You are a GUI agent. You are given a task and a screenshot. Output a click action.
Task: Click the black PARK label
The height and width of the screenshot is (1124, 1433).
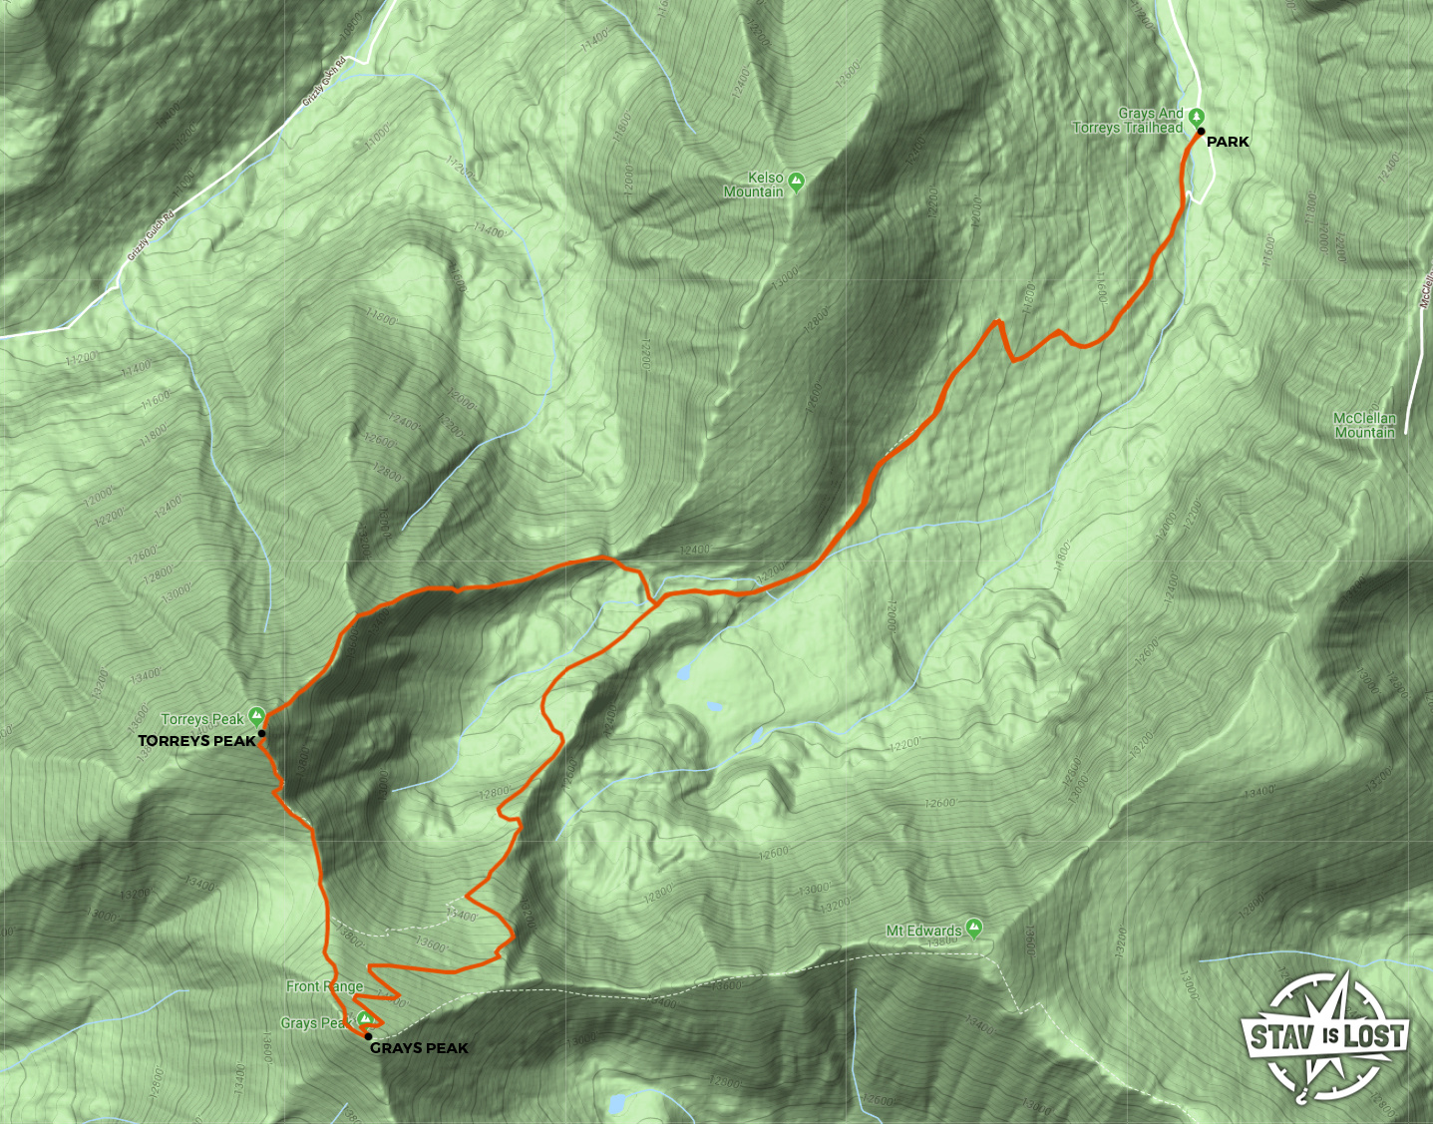click(x=1228, y=143)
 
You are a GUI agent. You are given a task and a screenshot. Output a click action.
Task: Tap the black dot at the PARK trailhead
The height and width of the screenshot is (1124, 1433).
click(x=1201, y=132)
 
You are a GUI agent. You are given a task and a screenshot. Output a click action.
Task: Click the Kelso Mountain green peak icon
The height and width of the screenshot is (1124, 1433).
click(x=796, y=182)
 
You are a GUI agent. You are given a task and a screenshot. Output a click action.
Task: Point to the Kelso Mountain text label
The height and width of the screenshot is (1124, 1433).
click(x=754, y=185)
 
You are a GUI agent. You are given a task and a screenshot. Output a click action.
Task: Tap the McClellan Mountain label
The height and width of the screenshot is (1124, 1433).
click(x=1365, y=426)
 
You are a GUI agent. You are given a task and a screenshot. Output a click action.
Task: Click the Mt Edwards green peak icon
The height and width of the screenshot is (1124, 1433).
click(x=974, y=928)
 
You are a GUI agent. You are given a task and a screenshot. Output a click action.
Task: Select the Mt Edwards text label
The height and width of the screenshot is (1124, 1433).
click(x=923, y=932)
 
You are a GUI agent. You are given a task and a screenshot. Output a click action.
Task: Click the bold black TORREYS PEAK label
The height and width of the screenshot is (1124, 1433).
click(x=196, y=741)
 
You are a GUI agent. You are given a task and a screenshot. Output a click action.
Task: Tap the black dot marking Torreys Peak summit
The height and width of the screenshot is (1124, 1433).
click(x=261, y=734)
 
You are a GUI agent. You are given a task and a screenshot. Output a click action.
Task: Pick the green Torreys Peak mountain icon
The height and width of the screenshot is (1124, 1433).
click(x=256, y=715)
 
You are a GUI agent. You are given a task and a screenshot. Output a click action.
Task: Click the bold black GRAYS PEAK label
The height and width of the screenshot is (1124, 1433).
click(x=419, y=1048)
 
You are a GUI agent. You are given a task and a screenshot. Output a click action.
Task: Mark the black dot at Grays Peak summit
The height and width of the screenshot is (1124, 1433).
click(x=369, y=1037)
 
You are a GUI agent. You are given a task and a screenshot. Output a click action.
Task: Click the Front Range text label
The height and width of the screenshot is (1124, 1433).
click(x=324, y=986)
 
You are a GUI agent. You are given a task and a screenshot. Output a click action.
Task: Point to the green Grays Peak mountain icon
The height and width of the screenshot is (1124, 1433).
click(x=366, y=1018)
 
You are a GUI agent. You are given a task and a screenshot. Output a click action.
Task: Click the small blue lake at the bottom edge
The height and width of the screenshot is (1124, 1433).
click(x=618, y=1104)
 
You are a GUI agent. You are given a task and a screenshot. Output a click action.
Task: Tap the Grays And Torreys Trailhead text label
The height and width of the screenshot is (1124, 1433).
click(x=1128, y=122)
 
